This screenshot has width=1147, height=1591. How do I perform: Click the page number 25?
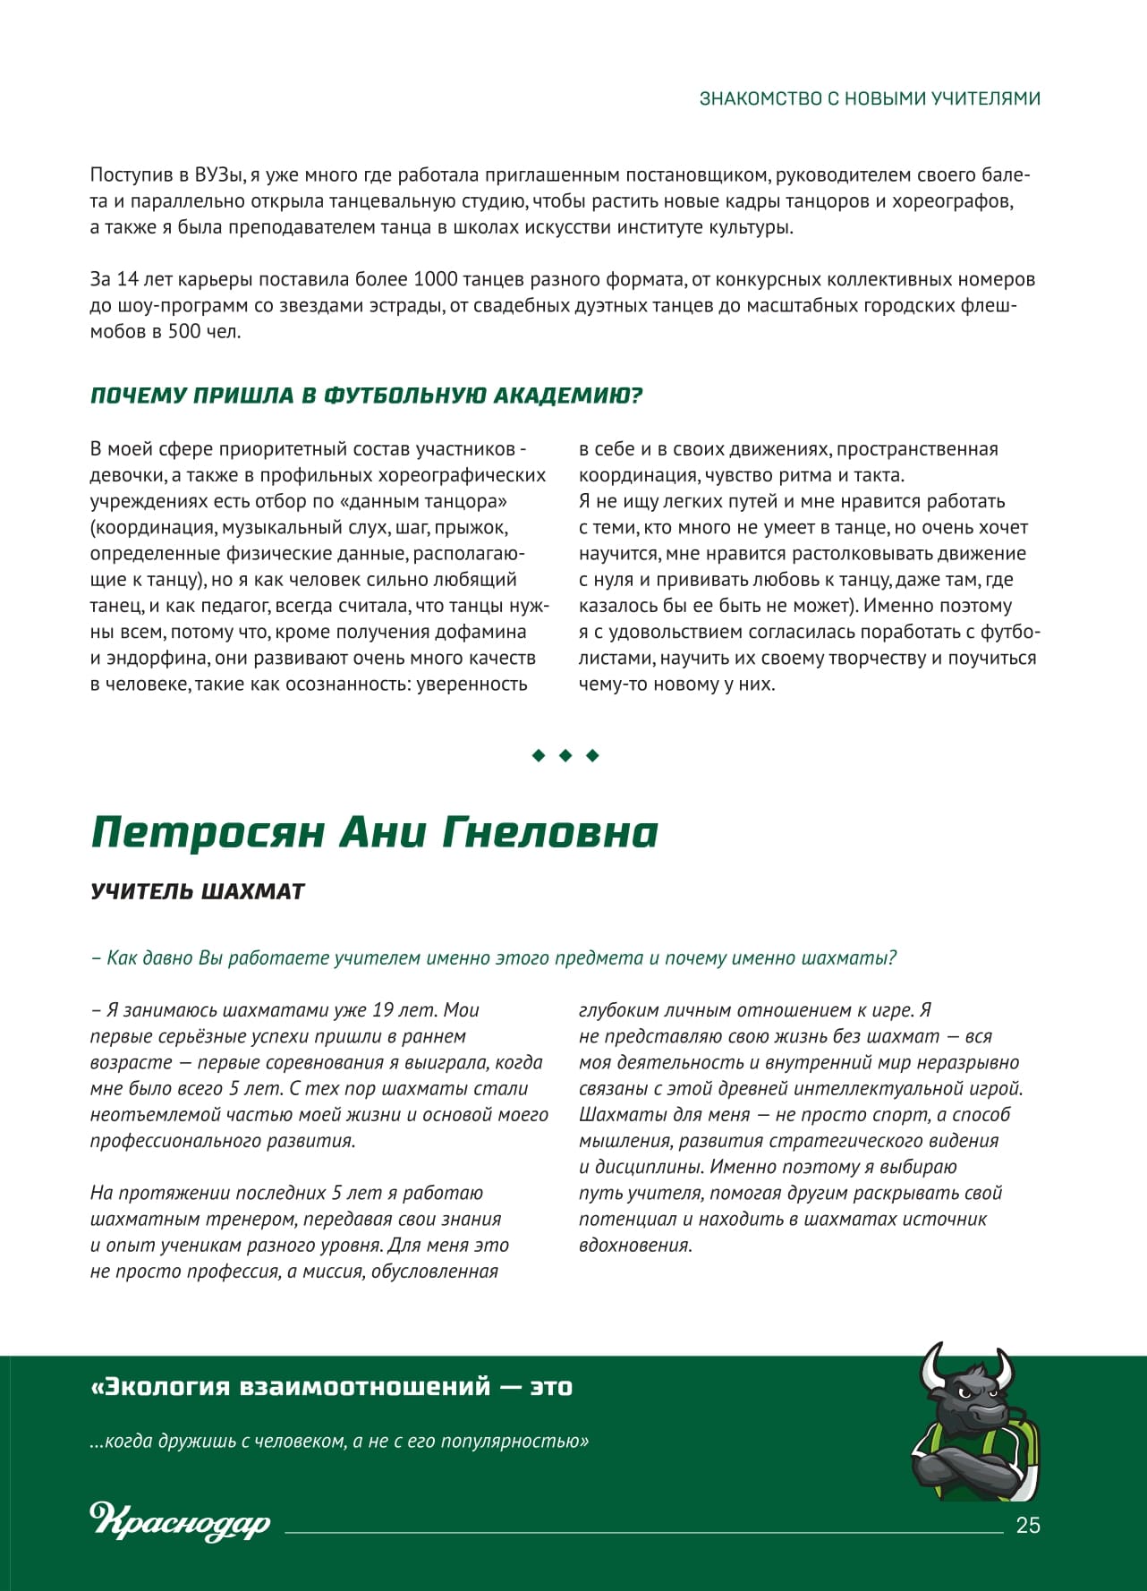(x=1028, y=1526)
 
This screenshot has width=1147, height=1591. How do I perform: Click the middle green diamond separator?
(x=565, y=756)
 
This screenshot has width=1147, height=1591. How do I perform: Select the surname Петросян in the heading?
(x=208, y=833)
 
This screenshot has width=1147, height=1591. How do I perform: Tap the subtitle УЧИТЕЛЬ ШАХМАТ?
(x=198, y=891)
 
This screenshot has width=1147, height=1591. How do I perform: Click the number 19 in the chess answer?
(x=383, y=1010)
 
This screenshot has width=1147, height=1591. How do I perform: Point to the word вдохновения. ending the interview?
(x=635, y=1245)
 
